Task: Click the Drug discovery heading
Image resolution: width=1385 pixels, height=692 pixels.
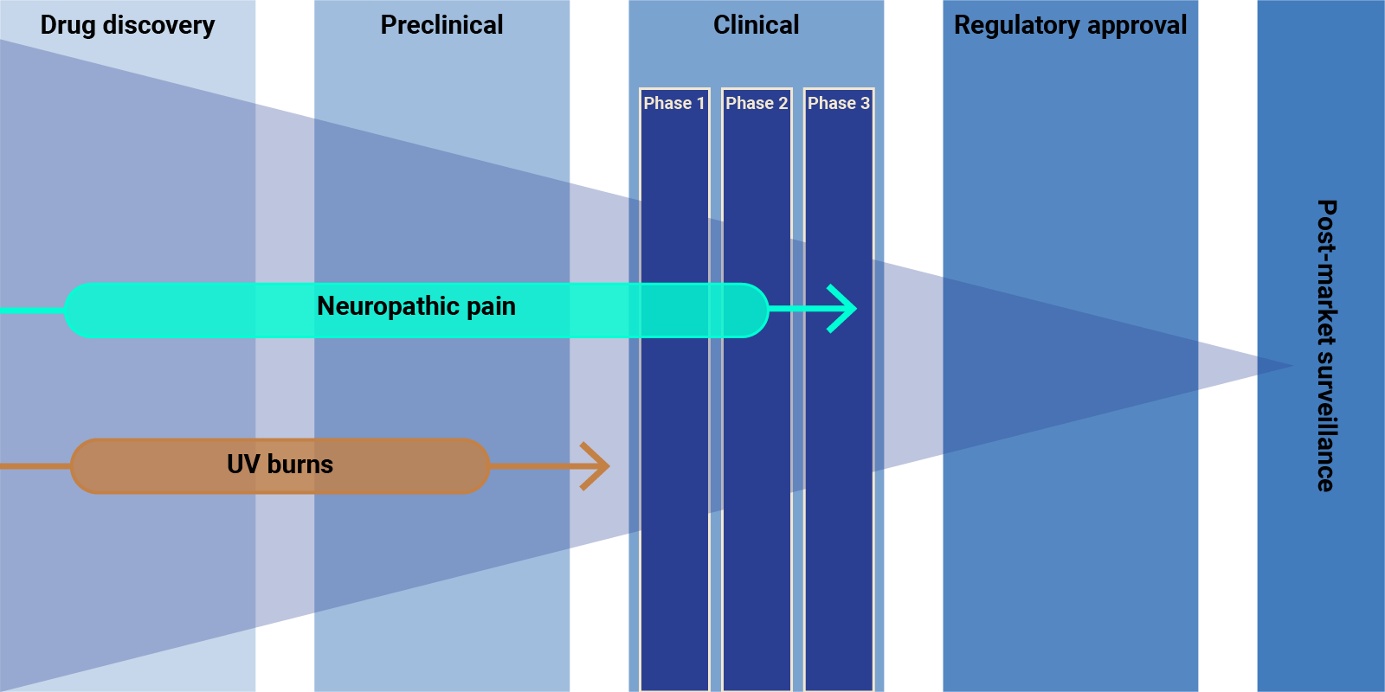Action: click(x=127, y=26)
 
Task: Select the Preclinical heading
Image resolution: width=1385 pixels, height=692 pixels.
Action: click(x=441, y=25)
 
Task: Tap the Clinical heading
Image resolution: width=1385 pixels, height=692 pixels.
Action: click(x=756, y=25)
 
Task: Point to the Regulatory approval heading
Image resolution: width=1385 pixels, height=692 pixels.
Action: click(x=1070, y=26)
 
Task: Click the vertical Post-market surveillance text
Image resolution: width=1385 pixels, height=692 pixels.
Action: click(x=1325, y=346)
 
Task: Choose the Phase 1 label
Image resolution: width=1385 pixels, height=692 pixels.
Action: click(x=673, y=103)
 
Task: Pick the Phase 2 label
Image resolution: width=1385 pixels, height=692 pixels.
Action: click(x=756, y=103)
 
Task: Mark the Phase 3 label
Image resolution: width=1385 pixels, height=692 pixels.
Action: click(x=838, y=103)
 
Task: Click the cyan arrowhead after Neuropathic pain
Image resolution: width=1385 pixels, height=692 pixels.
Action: click(x=843, y=308)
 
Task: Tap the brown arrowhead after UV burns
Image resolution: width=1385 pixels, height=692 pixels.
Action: click(x=596, y=466)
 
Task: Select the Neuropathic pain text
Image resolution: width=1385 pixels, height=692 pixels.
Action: click(x=415, y=306)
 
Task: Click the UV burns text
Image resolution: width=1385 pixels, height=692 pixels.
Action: click(x=280, y=465)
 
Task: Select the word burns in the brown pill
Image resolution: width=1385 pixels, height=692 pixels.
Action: click(x=300, y=465)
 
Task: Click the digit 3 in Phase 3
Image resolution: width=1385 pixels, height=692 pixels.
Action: click(x=865, y=103)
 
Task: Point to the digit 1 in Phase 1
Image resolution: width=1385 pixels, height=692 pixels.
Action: click(x=700, y=103)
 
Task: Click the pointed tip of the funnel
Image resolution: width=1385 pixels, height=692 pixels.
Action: click(x=1291, y=366)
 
